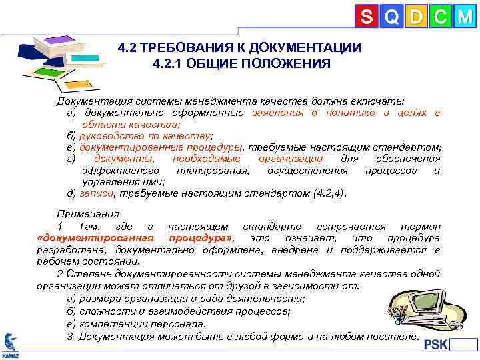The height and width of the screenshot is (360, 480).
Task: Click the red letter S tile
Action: coord(366,16)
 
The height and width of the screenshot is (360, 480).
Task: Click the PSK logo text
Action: coord(436,345)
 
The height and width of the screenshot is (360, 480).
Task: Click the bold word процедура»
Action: coord(200,238)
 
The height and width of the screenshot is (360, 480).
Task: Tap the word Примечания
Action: coord(88,215)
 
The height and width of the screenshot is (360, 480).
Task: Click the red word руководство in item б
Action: coord(109,135)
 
